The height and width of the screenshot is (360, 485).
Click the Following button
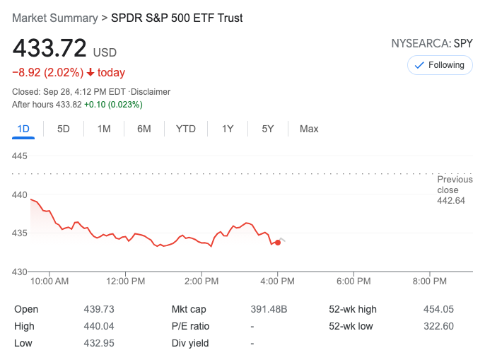pos(440,65)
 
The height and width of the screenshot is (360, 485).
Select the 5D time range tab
pos(64,129)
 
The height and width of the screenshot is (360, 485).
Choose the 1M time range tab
pos(104,129)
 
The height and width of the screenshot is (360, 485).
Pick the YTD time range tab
pos(185,129)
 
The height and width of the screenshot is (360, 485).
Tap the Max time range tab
pos(309,129)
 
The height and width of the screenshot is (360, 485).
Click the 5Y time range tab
pos(267,129)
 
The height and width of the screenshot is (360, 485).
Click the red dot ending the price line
pos(278,242)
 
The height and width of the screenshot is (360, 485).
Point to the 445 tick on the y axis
pos(21,156)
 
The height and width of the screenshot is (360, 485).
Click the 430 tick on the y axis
pos(21,272)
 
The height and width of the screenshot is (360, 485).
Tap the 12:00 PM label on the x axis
pos(126,281)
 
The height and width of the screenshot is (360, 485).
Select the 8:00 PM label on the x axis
pos(430,281)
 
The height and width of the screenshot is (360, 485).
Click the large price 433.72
pos(49,49)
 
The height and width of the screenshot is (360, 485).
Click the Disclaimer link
pos(151,92)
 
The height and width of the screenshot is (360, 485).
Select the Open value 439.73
pos(99,309)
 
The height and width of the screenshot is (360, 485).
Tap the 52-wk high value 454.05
pos(439,309)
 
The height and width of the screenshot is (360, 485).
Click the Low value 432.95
pos(99,343)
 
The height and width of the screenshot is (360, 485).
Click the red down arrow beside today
pos(90,72)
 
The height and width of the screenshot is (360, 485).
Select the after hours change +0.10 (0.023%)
pos(113,105)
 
